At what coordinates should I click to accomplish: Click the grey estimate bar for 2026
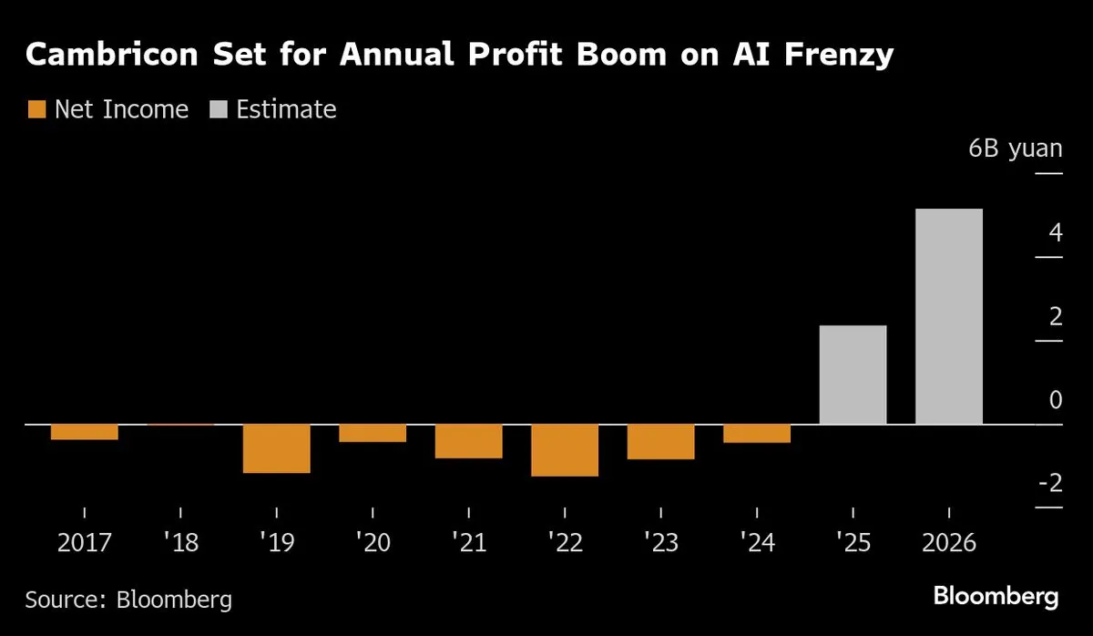pyautogui.click(x=949, y=317)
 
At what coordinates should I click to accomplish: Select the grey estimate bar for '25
pyautogui.click(x=853, y=374)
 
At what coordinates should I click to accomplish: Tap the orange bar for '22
pyautogui.click(x=565, y=450)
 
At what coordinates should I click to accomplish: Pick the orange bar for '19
pyautogui.click(x=277, y=448)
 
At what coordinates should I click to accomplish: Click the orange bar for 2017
pyautogui.click(x=85, y=432)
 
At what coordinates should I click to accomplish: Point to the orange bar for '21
pyautogui.click(x=469, y=441)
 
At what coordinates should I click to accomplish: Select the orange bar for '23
pyautogui.click(x=661, y=442)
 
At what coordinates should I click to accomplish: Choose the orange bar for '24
pyautogui.click(x=757, y=434)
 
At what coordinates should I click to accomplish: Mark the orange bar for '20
pyautogui.click(x=373, y=433)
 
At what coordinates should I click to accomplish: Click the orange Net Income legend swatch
pyautogui.click(x=36, y=110)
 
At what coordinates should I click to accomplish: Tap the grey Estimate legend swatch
pyautogui.click(x=218, y=110)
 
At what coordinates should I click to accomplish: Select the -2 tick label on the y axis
pyautogui.click(x=1050, y=483)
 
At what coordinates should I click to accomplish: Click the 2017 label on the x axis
pyautogui.click(x=85, y=544)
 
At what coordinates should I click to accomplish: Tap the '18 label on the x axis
pyautogui.click(x=180, y=544)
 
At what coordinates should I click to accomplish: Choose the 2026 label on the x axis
pyautogui.click(x=949, y=544)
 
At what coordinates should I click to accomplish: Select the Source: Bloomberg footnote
pyautogui.click(x=128, y=600)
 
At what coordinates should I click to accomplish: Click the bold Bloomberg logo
pyautogui.click(x=996, y=598)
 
